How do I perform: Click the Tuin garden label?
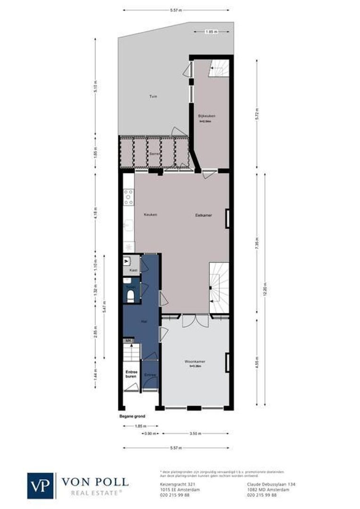[x=153, y=97]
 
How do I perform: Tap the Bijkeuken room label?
[x=206, y=116]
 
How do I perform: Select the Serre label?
[x=153, y=153]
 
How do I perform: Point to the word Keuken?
[x=150, y=215]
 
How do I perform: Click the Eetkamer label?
[x=204, y=215]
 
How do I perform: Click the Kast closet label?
[x=133, y=271]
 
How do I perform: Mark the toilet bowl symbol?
[x=131, y=296]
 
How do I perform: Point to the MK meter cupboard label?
[x=128, y=340]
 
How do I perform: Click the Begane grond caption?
[x=132, y=417]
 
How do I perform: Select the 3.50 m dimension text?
[x=196, y=433]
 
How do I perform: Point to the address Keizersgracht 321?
[x=174, y=484]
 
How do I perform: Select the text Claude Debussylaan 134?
[x=271, y=484]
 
